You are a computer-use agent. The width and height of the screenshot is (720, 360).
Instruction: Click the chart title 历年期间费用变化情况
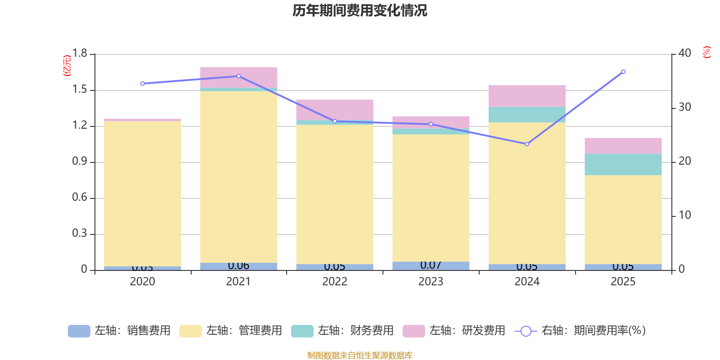(360, 10)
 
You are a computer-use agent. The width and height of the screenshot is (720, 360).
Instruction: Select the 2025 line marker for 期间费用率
(623, 72)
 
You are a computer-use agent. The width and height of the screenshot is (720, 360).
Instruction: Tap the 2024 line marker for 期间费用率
(527, 144)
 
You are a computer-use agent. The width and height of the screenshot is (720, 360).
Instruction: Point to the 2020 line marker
(143, 84)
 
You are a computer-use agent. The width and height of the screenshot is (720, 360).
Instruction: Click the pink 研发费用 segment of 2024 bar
(527, 96)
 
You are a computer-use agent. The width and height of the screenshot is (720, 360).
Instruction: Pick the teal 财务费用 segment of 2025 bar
(623, 164)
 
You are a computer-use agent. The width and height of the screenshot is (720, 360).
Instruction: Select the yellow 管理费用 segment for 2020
(143, 193)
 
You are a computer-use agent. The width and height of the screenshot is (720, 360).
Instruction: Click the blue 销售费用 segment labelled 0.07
(431, 266)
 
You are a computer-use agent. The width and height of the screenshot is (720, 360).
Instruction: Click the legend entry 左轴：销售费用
(119, 331)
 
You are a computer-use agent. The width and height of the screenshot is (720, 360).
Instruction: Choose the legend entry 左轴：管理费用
(231, 331)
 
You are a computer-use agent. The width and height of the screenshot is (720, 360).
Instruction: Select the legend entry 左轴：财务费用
(342, 331)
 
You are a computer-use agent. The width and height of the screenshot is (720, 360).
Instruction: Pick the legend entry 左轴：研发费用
(454, 331)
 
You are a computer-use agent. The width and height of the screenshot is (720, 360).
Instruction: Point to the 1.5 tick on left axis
(80, 90)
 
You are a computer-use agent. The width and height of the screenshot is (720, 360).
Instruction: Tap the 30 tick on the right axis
(684, 107)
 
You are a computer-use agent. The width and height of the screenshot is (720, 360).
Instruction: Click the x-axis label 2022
(334, 282)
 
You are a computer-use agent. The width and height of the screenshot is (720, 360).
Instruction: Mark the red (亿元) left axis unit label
(67, 66)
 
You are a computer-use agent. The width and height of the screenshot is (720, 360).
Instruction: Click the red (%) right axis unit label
(706, 52)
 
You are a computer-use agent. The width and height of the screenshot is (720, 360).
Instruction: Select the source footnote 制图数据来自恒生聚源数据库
(360, 355)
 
